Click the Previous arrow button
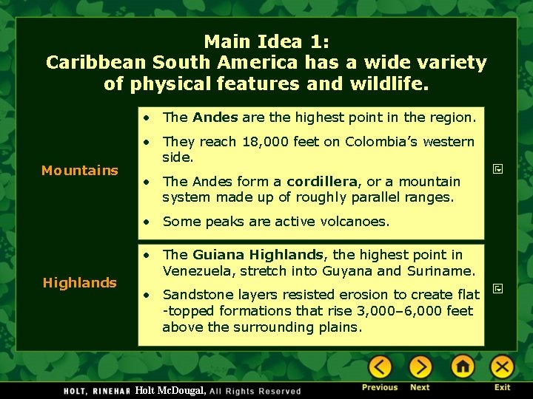pos(380,366)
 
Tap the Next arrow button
pos(420,366)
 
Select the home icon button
pos(463,366)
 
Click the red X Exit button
pos(502,366)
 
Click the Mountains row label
pos(80,171)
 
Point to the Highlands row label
pos(80,283)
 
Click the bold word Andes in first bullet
pos(215,117)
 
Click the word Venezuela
pos(196,271)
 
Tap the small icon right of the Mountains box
pos(498,170)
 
